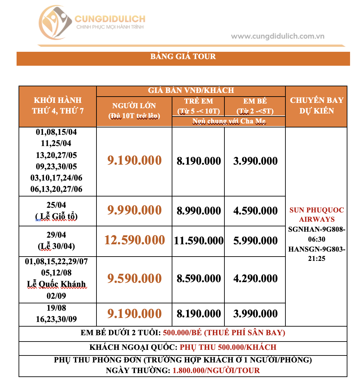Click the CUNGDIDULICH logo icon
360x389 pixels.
[55, 23]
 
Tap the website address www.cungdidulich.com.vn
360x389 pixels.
[277, 36]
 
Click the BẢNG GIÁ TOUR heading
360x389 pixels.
[183, 56]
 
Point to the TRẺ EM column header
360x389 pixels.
[199, 102]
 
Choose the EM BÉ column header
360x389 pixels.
[255, 102]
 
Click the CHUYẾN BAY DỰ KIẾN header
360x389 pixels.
[317, 106]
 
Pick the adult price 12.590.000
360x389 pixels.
[135, 240]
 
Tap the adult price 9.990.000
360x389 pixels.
[135, 210]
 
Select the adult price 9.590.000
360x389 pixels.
[135, 279]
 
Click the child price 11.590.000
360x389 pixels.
[199, 241]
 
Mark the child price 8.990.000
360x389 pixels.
[199, 211]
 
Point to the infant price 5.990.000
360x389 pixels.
[255, 241]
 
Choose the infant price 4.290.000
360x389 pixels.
[255, 279]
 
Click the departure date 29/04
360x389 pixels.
[56, 235]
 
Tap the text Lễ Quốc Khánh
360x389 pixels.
[56, 284]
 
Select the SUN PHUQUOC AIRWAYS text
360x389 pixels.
[317, 215]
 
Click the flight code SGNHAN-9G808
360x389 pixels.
[317, 230]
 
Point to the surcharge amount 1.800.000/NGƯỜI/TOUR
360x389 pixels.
[216, 371]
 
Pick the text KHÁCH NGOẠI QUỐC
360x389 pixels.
[133, 348]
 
